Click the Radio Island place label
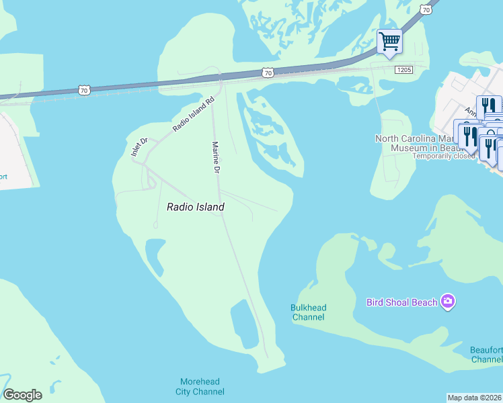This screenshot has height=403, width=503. (x=195, y=208)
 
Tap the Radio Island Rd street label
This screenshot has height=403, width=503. (x=193, y=114)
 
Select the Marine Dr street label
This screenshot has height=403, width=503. (x=217, y=158)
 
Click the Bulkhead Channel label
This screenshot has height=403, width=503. (x=308, y=312)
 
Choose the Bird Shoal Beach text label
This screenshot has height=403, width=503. (x=401, y=302)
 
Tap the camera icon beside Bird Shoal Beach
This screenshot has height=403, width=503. (x=448, y=302)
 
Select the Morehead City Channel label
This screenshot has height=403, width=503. (x=199, y=387)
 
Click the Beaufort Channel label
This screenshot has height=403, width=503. (x=487, y=355)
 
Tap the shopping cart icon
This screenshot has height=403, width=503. (x=389, y=42)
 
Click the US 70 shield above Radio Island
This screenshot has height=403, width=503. (x=268, y=72)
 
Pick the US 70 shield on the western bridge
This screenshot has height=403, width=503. (x=84, y=89)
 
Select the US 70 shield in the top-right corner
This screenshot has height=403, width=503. (x=424, y=9)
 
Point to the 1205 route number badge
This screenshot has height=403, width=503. (x=403, y=69)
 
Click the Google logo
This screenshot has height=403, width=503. (x=22, y=395)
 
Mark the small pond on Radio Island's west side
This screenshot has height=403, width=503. (x=154, y=257)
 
